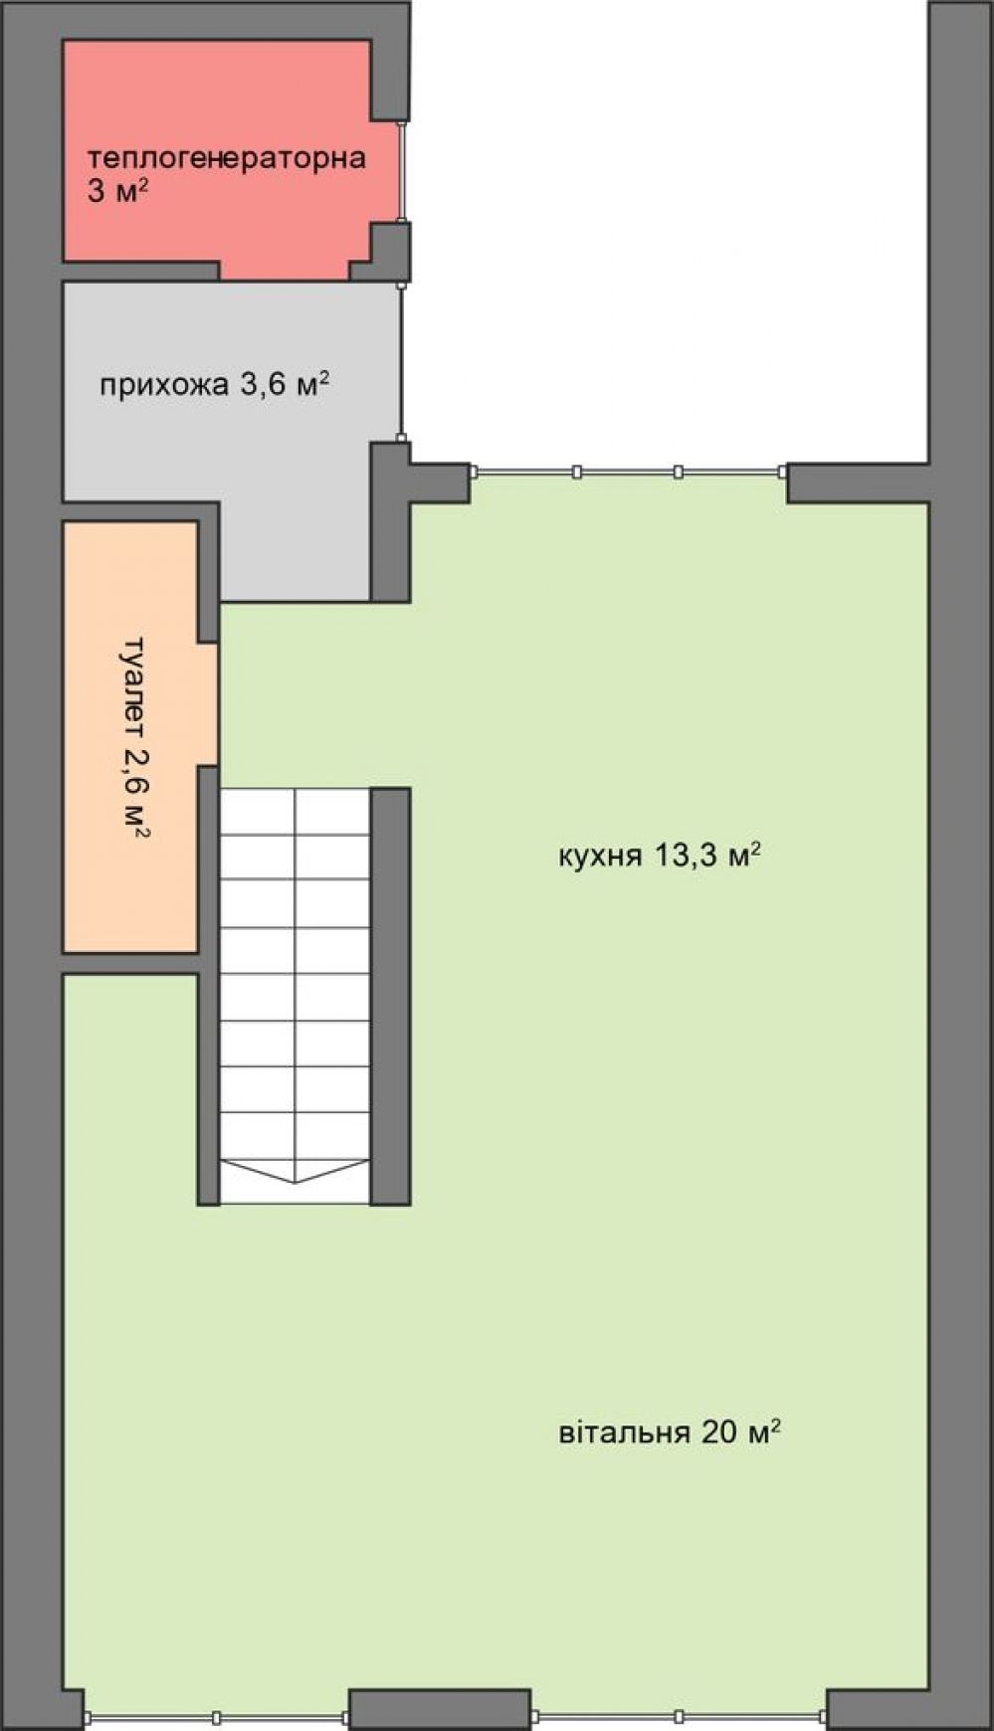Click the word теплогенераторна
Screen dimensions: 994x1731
tap(227, 157)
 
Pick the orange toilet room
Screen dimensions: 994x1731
tap(130, 736)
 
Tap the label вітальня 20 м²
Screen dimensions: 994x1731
tap(669, 1432)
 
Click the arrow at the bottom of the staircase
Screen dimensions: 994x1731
tap(296, 1171)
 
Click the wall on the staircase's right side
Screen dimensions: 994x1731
tap(391, 997)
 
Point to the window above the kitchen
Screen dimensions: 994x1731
tap(629, 473)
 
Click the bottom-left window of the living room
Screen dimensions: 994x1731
tap(217, 1717)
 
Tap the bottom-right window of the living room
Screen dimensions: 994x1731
tap(679, 1717)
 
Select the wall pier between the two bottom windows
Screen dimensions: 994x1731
tap(440, 1709)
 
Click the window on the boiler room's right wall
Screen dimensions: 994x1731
tap(402, 170)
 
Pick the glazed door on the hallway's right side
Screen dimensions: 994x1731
tap(401, 362)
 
